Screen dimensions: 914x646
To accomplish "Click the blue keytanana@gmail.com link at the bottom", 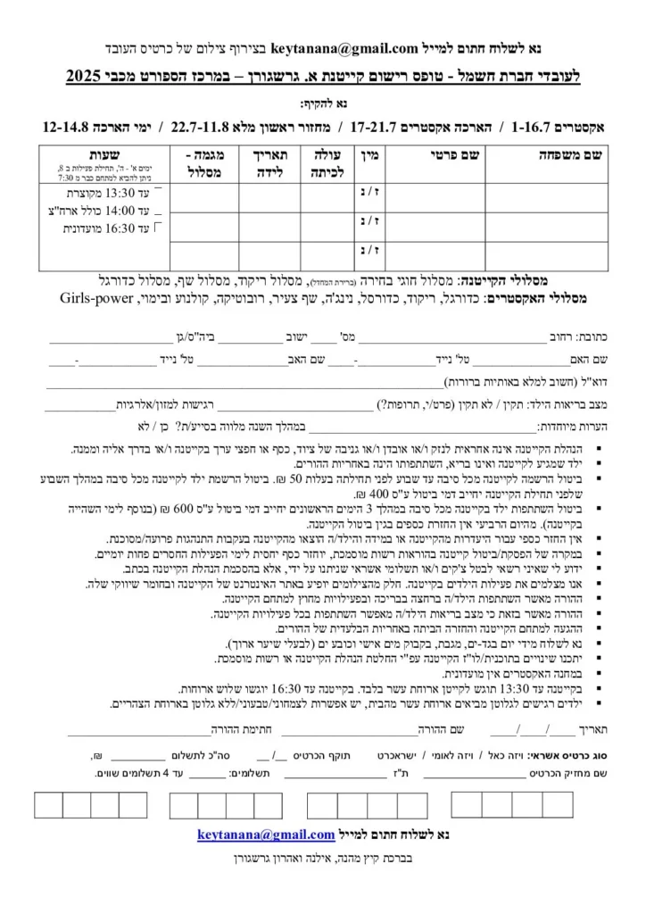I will pos(265,835).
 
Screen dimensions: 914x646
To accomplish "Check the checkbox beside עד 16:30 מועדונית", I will pos(159,227).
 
